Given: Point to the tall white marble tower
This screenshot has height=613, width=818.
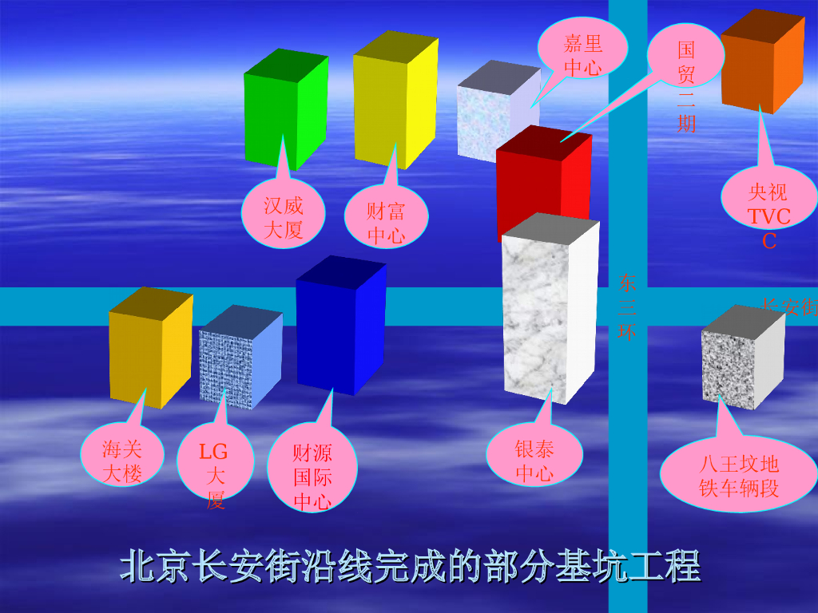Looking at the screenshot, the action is pyautogui.click(x=550, y=311).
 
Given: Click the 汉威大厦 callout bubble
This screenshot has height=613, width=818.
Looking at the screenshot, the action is pyautogui.click(x=284, y=216).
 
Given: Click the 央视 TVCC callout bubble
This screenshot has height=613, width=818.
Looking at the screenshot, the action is pyautogui.click(x=768, y=200).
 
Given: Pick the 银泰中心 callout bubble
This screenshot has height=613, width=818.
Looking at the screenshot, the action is pyautogui.click(x=534, y=459).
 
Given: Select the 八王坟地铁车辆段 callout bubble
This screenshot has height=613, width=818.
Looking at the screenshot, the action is pyautogui.click(x=738, y=476).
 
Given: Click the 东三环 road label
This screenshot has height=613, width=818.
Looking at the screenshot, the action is pyautogui.click(x=627, y=307).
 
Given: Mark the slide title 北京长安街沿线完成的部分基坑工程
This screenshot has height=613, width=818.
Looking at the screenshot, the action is pyautogui.click(x=410, y=566).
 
